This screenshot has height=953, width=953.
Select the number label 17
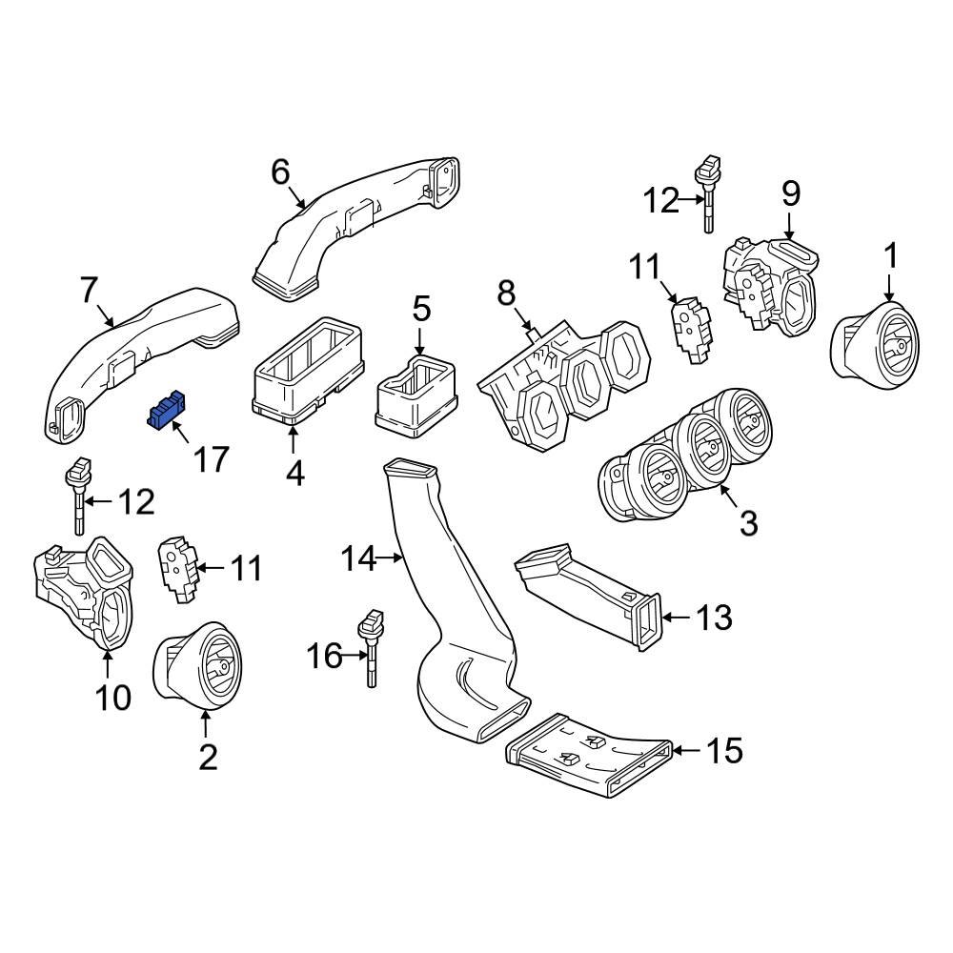[211, 459]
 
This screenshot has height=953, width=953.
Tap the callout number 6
[279, 172]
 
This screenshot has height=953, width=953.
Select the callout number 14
[359, 559]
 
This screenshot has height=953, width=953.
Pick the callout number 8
[507, 292]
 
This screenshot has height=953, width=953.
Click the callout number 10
[112, 699]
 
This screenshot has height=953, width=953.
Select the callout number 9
[790, 193]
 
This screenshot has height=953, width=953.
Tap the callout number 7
[89, 290]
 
